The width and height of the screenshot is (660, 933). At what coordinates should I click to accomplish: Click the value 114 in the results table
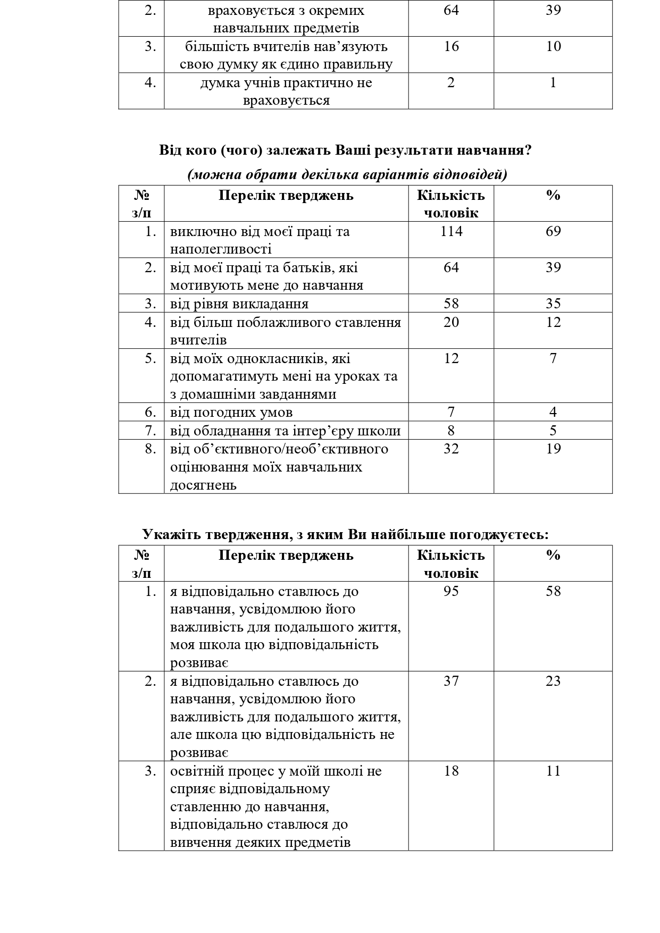coord(451,231)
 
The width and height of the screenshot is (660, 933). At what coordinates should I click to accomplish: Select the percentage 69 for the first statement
coord(553,231)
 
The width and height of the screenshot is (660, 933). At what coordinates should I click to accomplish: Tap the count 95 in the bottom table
coord(451,591)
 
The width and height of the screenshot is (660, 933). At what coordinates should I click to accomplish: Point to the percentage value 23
coord(553,681)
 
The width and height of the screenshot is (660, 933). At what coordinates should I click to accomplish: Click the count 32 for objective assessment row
coord(451,449)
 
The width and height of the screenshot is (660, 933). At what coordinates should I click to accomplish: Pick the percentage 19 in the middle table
coord(553,449)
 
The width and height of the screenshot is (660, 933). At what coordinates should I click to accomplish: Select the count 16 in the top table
coord(451,46)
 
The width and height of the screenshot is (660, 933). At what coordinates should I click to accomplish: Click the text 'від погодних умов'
coord(231,413)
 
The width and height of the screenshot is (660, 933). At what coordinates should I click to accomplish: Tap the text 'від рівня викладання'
coord(239,304)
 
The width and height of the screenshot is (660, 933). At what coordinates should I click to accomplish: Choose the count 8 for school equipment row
coord(451,431)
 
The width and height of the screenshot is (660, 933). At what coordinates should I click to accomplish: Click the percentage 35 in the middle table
coord(553,304)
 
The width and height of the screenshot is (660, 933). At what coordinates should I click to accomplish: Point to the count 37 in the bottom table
coord(451,681)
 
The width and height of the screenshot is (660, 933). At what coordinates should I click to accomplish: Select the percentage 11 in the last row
coord(553,771)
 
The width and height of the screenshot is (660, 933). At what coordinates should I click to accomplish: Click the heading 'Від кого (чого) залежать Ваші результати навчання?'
coord(346,150)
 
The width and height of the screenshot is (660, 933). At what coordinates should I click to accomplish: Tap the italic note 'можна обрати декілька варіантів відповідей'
coord(347,175)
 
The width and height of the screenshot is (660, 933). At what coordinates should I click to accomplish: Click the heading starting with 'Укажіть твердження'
coord(346,534)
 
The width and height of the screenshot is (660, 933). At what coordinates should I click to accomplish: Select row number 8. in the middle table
coord(151,449)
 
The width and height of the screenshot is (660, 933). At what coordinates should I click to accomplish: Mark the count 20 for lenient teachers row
coord(451,322)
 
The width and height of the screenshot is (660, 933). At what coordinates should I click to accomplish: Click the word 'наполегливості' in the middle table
coord(221,249)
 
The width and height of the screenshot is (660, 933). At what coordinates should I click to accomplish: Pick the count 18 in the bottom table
coord(451,771)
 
